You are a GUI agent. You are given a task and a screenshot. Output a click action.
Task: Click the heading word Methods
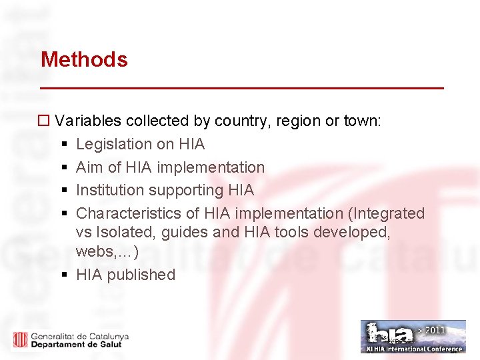point(84,59)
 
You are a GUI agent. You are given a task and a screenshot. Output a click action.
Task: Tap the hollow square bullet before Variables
point(44,121)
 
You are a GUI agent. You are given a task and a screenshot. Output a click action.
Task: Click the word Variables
point(88,121)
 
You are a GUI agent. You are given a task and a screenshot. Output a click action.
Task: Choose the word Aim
point(90,167)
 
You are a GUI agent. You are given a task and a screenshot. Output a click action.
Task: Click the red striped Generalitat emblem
point(21,339)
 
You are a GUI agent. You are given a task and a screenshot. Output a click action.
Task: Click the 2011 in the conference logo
point(432,329)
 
